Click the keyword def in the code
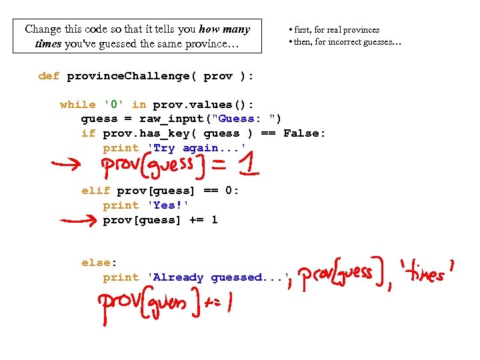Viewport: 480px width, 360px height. tap(49, 76)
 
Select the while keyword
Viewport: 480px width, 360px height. tap(77, 105)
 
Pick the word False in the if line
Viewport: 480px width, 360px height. tap(305, 133)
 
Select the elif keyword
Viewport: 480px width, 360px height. tap(95, 191)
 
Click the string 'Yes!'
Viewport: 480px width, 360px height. tap(167, 205)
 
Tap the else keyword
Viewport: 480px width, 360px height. tap(95, 263)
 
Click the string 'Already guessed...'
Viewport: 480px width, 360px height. tap(217, 277)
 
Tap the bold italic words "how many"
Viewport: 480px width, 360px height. tap(224, 29)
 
